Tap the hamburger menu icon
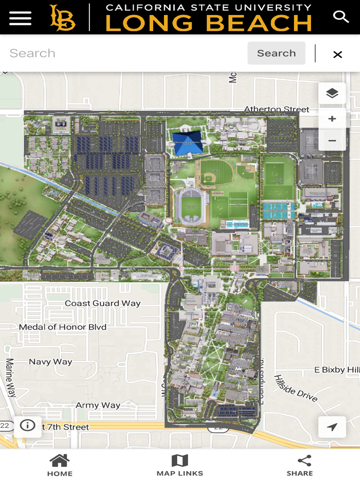click(x=20, y=18)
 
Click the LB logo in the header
click(x=62, y=18)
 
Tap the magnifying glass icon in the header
click(x=341, y=17)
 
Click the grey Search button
click(x=276, y=53)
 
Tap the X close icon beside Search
click(x=337, y=54)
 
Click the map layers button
click(x=332, y=93)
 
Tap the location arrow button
click(x=332, y=427)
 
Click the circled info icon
click(x=28, y=425)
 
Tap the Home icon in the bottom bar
click(x=60, y=461)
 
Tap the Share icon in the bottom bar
click(x=300, y=461)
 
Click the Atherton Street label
click(x=277, y=109)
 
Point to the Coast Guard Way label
click(x=103, y=303)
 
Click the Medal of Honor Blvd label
click(x=63, y=327)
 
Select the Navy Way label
click(x=51, y=361)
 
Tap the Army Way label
click(x=98, y=405)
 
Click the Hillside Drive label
click(x=296, y=388)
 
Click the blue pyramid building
click(x=187, y=142)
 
